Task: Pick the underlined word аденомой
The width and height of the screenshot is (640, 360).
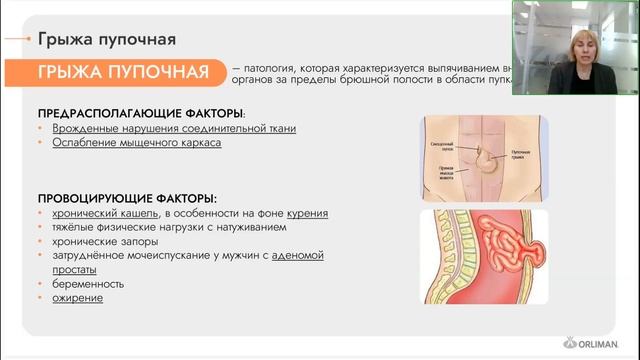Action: (x=302, y=256)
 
